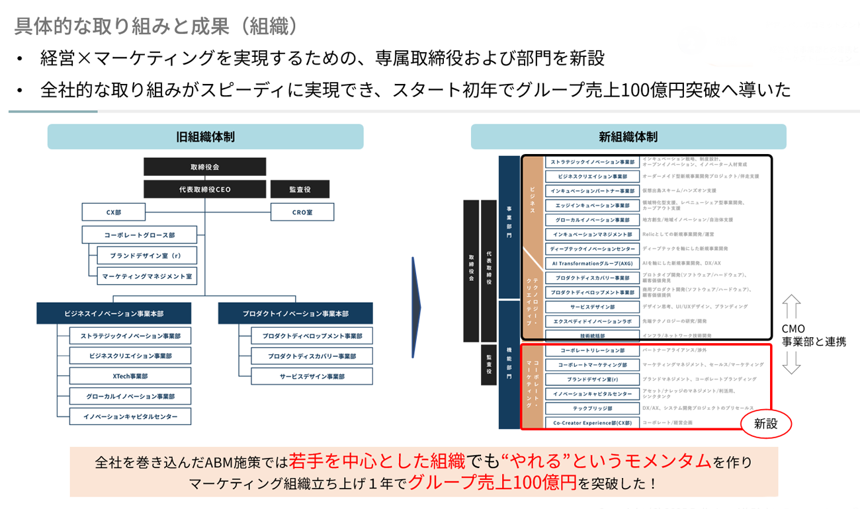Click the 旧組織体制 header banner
coord(205,137)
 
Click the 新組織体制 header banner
coord(628,137)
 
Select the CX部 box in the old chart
coord(114,212)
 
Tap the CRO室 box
coord(302,212)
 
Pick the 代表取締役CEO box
coord(204,190)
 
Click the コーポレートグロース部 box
coord(140,235)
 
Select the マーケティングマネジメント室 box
coord(146,276)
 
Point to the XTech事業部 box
coord(130,376)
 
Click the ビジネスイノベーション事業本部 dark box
coord(114,313)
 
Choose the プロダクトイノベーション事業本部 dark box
coord(295,313)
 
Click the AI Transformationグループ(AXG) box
coord(592,263)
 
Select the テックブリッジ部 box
coord(592,409)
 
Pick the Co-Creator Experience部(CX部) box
coord(592,422)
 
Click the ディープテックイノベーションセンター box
coord(592,249)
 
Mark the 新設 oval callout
coord(766,424)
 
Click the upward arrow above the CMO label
coord(791,307)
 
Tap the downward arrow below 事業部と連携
coord(791,362)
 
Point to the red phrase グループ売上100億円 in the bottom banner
coord(492,481)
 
